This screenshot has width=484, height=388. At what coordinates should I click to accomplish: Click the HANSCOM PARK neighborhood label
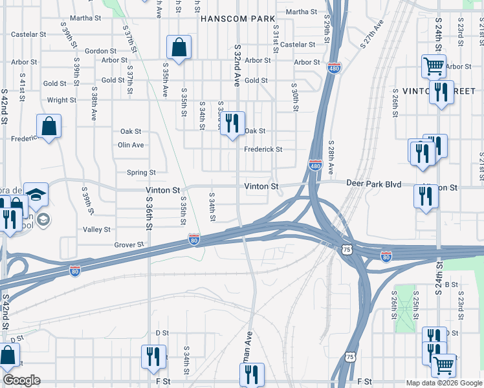click(x=238, y=19)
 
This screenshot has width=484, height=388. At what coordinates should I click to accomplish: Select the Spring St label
click(x=141, y=173)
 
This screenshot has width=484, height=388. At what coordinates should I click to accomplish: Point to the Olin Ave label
click(x=131, y=145)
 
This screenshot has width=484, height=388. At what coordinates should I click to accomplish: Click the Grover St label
click(x=128, y=245)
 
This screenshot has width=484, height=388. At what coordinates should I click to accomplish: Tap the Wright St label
click(x=61, y=100)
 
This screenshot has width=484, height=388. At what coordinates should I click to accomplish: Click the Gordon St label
click(x=100, y=50)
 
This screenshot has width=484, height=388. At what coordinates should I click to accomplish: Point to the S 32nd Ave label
click(x=237, y=65)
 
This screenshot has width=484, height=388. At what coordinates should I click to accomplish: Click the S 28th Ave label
click(x=330, y=157)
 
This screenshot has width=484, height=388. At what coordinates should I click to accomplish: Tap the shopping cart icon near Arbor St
click(x=433, y=65)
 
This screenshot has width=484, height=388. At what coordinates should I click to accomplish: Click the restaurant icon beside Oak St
click(x=233, y=123)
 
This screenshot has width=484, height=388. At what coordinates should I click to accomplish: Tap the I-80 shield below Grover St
click(x=194, y=239)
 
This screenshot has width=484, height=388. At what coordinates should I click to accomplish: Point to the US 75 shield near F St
click(x=350, y=356)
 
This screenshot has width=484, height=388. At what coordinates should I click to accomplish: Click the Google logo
click(x=22, y=380)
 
